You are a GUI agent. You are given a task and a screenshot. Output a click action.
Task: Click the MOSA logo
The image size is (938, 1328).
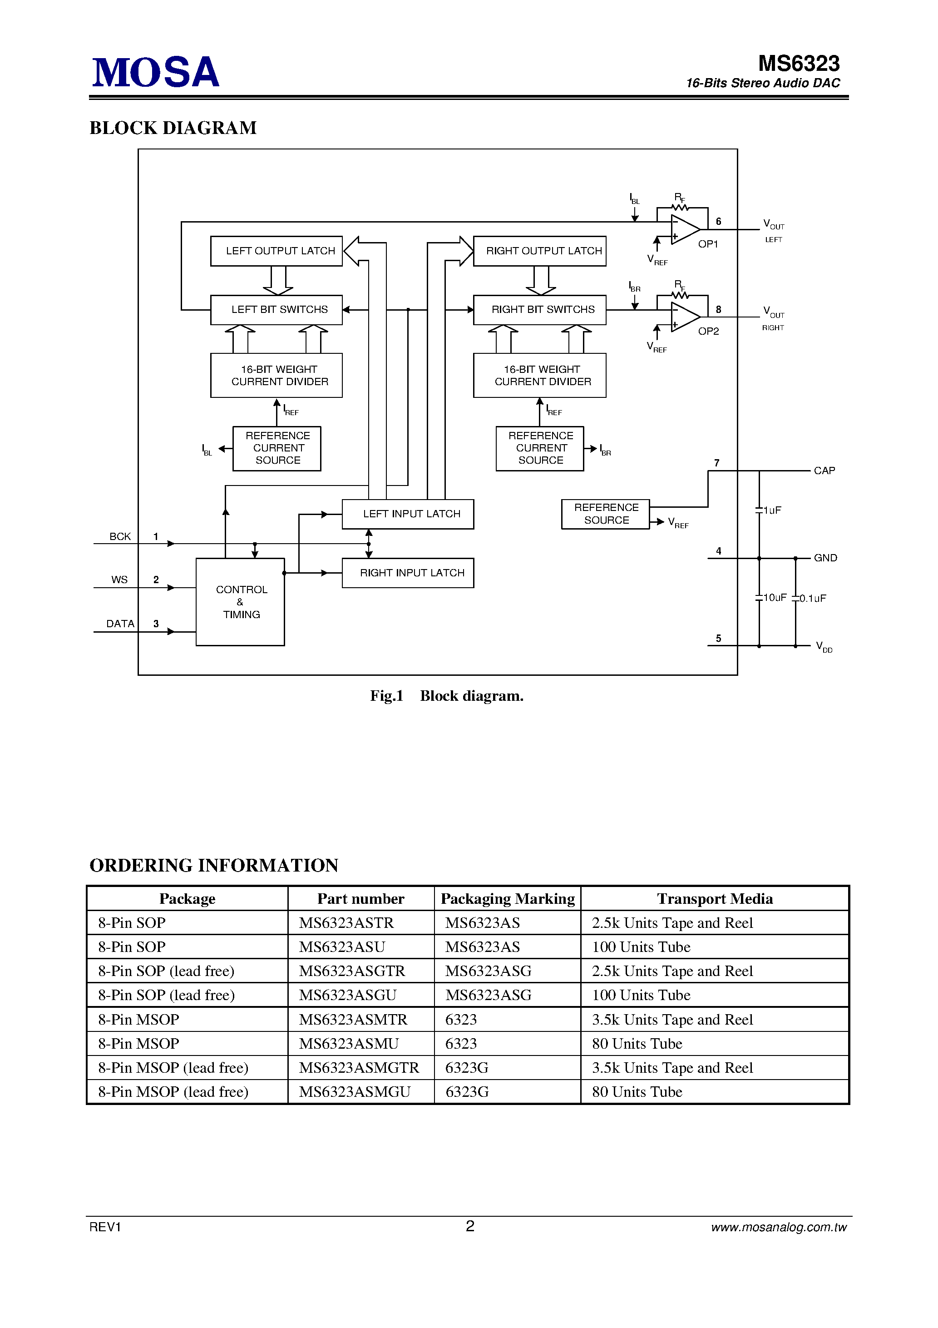(x=156, y=72)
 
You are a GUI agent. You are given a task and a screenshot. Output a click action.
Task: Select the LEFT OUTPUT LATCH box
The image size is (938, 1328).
(x=276, y=251)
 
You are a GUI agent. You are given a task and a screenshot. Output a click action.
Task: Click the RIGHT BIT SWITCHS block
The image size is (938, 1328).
(x=539, y=310)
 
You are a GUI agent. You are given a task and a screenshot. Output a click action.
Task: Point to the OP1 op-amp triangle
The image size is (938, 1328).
(x=685, y=229)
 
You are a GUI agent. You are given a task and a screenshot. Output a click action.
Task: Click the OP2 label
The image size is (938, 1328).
(x=708, y=332)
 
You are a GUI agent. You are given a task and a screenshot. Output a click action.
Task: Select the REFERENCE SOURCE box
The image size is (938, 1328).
(x=606, y=514)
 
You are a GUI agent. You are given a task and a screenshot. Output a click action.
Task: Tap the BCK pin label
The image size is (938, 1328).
(x=120, y=537)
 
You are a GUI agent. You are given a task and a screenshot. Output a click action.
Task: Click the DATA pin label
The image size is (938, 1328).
(x=120, y=624)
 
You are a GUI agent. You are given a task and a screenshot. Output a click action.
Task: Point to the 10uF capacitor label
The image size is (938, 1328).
(x=775, y=598)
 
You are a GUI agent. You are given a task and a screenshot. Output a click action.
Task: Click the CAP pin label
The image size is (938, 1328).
(x=824, y=471)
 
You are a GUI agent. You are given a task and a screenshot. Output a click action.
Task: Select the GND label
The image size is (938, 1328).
(x=825, y=558)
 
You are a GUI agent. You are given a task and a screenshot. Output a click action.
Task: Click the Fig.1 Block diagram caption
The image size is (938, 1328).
(x=446, y=696)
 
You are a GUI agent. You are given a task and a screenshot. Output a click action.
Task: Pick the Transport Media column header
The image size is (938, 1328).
(x=715, y=899)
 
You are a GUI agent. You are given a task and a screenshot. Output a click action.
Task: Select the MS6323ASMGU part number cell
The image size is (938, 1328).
(x=355, y=1092)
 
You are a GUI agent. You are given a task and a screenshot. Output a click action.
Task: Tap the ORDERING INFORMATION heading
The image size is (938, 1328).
(x=214, y=866)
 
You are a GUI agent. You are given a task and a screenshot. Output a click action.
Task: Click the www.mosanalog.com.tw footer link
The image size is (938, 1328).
(x=778, y=1227)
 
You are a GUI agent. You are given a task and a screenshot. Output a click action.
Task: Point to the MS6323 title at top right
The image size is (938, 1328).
(x=799, y=64)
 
